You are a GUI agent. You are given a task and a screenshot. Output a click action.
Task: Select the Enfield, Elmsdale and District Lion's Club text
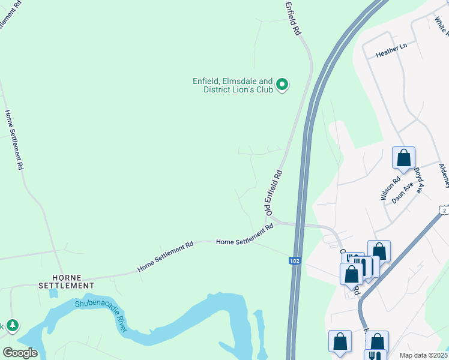coord(232,85)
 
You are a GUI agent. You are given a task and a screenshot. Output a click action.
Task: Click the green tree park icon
coord(12,326)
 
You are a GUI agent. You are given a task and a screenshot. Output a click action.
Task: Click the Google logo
coord(20,353)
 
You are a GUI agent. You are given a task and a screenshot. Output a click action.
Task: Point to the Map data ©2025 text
coord(424,355)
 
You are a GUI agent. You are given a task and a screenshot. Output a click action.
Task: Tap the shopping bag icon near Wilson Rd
coord(404,158)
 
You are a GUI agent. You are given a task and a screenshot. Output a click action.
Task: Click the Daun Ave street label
coord(403,193)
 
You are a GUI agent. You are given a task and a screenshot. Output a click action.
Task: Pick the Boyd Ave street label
coord(418,179)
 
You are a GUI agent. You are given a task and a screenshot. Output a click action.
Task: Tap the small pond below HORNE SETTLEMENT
coord(54,293)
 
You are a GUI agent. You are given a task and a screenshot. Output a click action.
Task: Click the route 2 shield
coord(443,210)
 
